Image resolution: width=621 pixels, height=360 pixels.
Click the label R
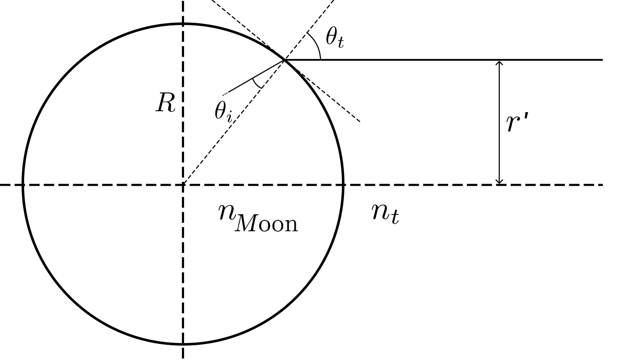click(165, 103)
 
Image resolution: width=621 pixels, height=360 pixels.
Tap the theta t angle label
click(335, 38)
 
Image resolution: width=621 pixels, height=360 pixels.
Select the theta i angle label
click(223, 111)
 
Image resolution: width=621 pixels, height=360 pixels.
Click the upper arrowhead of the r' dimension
click(499, 63)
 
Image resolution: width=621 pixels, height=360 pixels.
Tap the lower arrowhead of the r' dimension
click(499, 181)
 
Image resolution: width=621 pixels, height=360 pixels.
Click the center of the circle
click(183, 184)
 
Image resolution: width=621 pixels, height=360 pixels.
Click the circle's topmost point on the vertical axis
click(183, 24)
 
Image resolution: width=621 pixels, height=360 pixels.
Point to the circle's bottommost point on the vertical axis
click(183, 344)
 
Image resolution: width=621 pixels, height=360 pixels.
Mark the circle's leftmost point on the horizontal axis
click(23, 184)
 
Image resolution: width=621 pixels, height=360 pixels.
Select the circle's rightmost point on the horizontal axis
click(343, 184)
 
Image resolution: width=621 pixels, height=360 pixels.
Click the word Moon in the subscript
click(266, 223)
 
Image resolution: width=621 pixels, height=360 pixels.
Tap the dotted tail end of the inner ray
click(224, 94)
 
